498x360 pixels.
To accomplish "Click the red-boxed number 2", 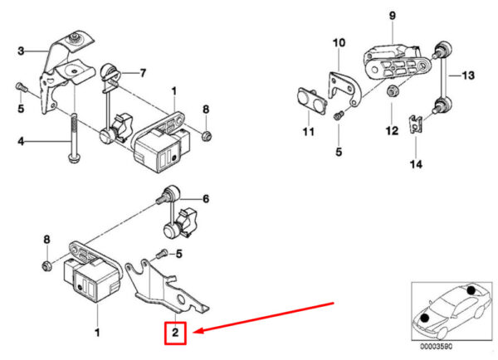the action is (175, 333).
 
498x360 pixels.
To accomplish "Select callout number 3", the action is (21, 51).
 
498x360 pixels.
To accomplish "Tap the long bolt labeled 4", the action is (73, 139).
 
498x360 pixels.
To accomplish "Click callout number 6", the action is (206, 199).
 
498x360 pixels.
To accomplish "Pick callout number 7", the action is (143, 73).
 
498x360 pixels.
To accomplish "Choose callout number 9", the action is (393, 16).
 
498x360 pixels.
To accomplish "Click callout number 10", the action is (339, 42).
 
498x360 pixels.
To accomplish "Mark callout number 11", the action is (309, 131).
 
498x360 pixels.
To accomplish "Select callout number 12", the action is (392, 130).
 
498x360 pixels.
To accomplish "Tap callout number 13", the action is (468, 75).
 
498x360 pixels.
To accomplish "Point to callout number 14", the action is (416, 164).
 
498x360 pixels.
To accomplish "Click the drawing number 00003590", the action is (437, 347).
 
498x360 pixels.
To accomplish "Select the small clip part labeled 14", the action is (416, 124).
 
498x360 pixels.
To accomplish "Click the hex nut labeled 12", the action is (391, 90).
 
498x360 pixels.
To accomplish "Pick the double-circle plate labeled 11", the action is (312, 100).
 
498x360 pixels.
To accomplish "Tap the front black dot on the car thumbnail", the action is (425, 318).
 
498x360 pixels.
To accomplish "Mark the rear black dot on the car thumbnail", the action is (471, 289).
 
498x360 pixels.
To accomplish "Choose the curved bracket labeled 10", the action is (345, 88).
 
